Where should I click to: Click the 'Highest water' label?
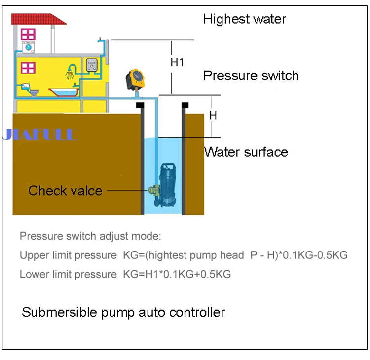pyautogui.click(x=244, y=19)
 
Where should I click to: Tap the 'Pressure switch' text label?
pyautogui.click(x=251, y=76)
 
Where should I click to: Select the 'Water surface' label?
pyautogui.click(x=246, y=151)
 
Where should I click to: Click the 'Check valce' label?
pyautogui.click(x=65, y=191)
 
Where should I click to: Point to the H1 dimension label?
pyautogui.click(x=177, y=63)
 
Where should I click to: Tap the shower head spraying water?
pyautogui.click(x=72, y=72)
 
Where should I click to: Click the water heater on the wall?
pyautogui.click(x=92, y=65)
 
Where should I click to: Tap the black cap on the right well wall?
pyautogui.click(x=185, y=105)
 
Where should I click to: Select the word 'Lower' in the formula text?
pyautogui.click(x=31, y=274)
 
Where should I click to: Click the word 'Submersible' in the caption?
pyautogui.click(x=53, y=312)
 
